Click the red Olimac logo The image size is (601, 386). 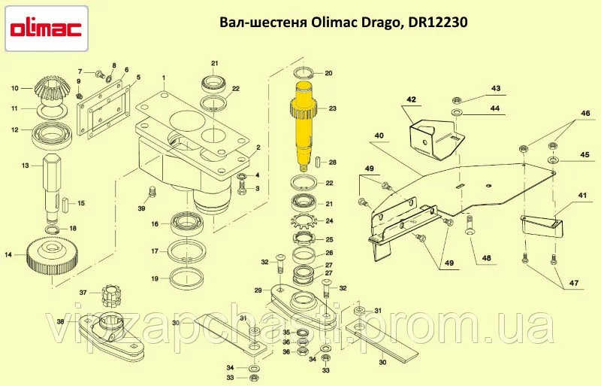tap(45, 29)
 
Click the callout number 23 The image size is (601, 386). tap(332, 108)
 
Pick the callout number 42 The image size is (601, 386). tap(411, 100)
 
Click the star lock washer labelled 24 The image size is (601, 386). tap(302, 221)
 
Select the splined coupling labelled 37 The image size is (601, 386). tap(111, 296)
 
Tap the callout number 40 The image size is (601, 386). tap(379, 135)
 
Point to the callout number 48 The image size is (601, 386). tap(486, 258)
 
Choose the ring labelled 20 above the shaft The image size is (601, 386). tap(304, 72)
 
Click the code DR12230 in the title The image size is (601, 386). tap(438, 23)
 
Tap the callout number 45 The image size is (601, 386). tap(584, 155)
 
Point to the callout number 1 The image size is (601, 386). tap(163, 78)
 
